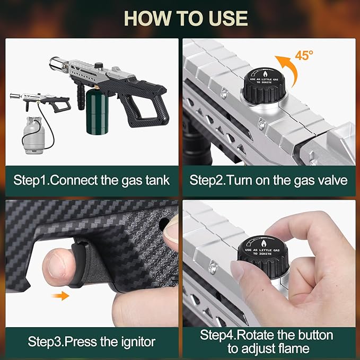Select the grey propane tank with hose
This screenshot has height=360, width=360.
point(34,135)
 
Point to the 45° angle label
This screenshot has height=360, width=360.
point(304,55)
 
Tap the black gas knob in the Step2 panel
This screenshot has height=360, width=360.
point(264,85)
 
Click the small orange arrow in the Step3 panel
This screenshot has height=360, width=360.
point(60,296)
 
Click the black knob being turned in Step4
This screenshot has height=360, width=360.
point(263,257)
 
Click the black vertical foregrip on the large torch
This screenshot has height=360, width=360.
point(81,97)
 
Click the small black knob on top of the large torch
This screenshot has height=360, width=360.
point(99,66)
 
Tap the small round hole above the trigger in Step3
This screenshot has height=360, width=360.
point(164,224)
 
